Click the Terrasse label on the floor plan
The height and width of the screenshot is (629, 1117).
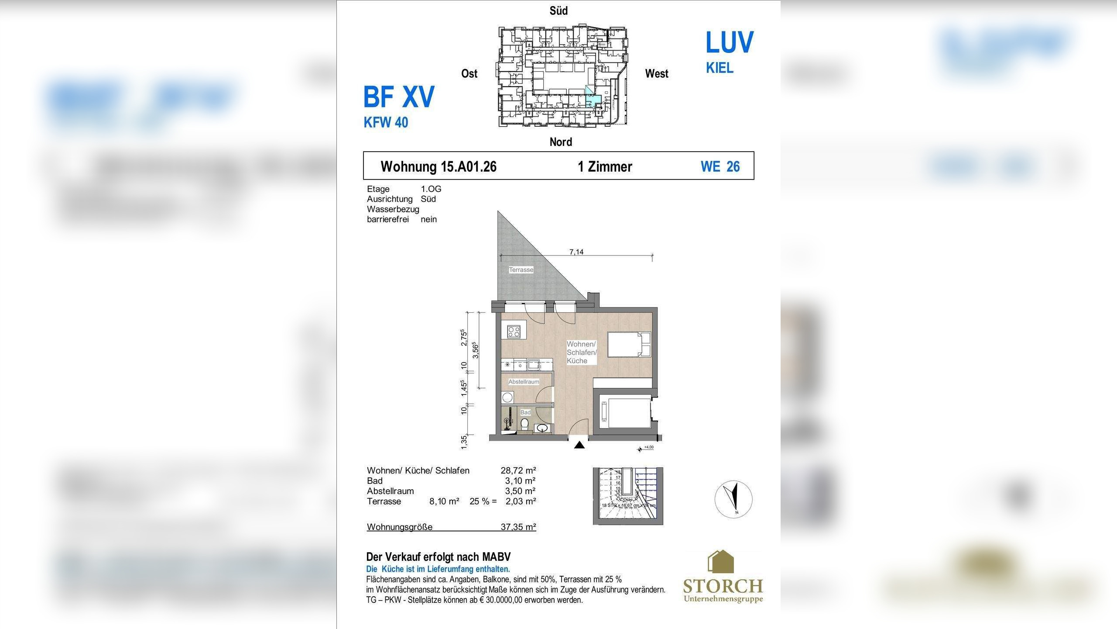(521, 270)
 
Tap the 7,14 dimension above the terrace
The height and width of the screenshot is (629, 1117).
(576, 252)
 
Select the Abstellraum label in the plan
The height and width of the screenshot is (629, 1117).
(524, 382)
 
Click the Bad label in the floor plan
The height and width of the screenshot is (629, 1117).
(525, 412)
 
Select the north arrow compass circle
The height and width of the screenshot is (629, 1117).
(733, 499)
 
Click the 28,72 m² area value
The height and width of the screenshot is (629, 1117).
(518, 470)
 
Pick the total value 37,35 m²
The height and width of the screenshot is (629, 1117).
(518, 527)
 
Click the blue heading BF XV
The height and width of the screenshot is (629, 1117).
(399, 97)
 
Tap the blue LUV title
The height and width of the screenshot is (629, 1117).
(729, 42)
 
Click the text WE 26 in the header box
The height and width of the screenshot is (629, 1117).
(720, 166)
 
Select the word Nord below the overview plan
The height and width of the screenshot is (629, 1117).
(561, 142)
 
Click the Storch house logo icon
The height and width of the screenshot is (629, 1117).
(720, 562)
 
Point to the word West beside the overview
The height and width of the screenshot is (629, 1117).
(656, 74)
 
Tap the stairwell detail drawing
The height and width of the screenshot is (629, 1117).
(627, 496)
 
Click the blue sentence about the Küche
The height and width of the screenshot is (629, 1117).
(438, 569)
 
